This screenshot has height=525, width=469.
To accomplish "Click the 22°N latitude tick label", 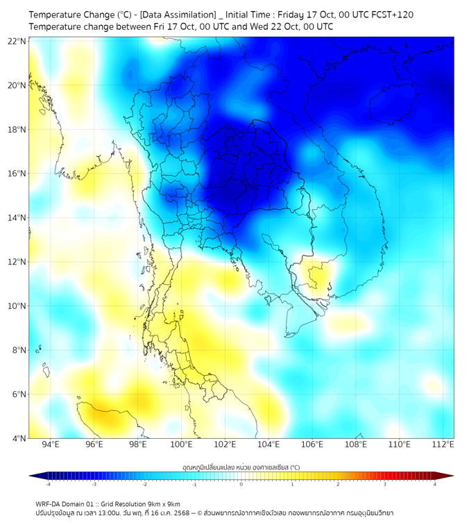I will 17,42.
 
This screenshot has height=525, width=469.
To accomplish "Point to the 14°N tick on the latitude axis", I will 17,218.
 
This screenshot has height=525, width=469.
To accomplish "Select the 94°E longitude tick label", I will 51,444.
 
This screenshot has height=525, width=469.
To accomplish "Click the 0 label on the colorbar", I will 241,484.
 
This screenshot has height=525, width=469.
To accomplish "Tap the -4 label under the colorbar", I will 48,484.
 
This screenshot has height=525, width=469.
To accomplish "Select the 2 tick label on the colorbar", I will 338,484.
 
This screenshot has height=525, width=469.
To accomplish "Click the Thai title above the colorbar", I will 241,467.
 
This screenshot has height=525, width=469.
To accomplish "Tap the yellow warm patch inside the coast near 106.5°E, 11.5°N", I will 319,276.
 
